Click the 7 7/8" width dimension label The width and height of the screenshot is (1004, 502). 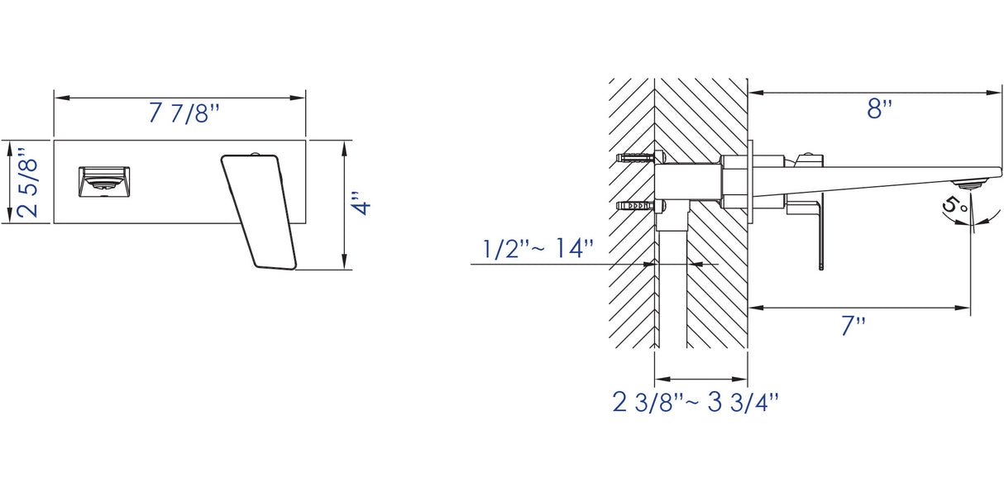tap(184, 113)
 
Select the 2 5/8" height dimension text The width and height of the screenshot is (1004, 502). tap(27, 183)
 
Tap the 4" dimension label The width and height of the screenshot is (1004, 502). tap(361, 204)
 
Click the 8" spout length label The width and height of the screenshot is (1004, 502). tap(879, 109)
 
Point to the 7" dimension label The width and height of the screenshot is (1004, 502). tap(853, 326)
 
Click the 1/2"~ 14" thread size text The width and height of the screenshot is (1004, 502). tap(538, 248)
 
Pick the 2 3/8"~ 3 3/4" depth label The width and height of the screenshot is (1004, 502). tap(696, 402)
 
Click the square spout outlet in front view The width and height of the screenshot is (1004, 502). tap(104, 181)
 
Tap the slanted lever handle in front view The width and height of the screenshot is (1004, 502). tap(259, 212)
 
